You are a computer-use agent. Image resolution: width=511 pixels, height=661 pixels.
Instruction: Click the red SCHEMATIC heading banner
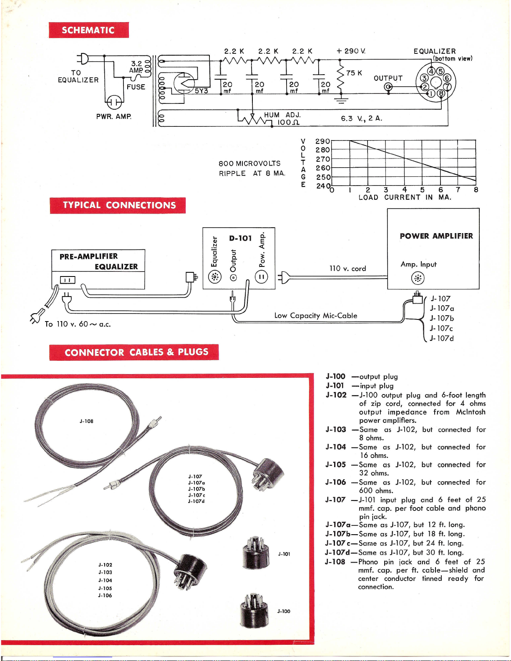click(x=88, y=30)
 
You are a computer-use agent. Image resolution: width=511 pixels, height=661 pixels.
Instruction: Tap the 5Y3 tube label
click(x=201, y=90)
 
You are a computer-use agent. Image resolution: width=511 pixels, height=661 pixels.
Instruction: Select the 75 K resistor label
click(x=354, y=73)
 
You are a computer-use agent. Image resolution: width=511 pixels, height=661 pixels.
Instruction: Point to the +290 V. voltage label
click(x=351, y=51)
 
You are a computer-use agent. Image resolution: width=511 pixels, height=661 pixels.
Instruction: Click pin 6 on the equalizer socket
click(x=447, y=78)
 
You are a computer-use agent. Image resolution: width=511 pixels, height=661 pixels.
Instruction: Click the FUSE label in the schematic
click(x=136, y=87)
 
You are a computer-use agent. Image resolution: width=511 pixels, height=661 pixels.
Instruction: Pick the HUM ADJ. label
click(x=282, y=115)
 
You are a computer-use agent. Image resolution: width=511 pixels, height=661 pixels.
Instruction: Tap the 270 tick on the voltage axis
click(x=322, y=159)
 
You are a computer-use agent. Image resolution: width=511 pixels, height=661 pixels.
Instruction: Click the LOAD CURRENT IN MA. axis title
click(x=405, y=197)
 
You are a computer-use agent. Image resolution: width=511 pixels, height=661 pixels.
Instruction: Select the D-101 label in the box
click(x=240, y=238)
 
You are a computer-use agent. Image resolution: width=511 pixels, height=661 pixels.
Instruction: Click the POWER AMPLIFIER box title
click(x=436, y=236)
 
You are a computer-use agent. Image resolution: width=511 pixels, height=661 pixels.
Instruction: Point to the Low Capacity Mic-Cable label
click(x=316, y=316)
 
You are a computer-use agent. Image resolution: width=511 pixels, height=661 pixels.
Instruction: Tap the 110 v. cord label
click(x=347, y=269)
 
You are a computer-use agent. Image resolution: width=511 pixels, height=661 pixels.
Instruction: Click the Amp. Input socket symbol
click(x=418, y=278)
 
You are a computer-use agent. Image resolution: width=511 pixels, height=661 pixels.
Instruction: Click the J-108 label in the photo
click(x=86, y=421)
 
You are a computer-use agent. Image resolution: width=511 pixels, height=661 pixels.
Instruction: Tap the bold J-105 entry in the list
click(x=336, y=465)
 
